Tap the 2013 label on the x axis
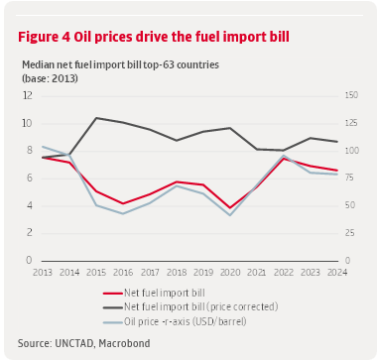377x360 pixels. [43, 271]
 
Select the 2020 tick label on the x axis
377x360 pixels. [230, 271]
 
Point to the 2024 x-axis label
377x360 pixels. [337, 271]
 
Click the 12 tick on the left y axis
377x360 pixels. [28, 95]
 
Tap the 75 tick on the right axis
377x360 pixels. [350, 178]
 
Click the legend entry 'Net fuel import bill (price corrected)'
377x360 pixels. [198, 307]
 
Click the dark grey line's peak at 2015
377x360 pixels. [96, 118]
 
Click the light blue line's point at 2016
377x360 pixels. [123, 213]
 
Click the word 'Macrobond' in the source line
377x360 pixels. [126, 343]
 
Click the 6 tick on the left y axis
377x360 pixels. [29, 178]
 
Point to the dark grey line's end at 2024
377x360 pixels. [337, 142]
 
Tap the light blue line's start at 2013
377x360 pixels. [43, 146]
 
